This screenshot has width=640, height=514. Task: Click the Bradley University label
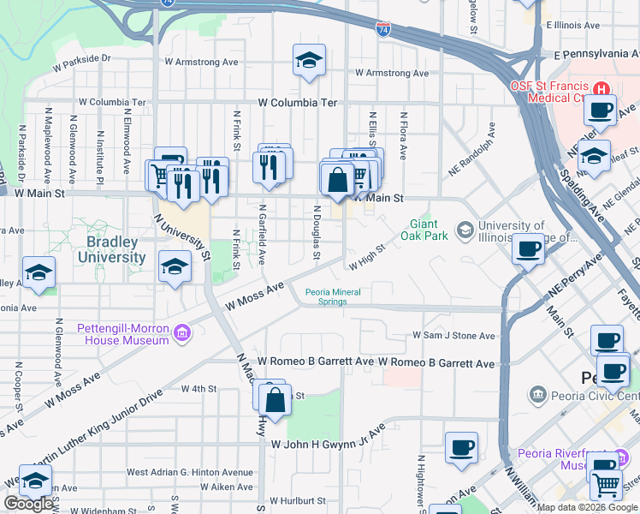point(111,249)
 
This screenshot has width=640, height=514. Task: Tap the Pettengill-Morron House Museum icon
point(181,332)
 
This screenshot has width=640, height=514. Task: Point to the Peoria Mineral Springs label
point(334,296)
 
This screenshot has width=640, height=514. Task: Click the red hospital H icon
point(601,88)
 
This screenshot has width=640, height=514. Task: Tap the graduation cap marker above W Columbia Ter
point(308,61)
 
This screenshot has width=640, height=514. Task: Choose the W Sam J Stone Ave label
point(453,336)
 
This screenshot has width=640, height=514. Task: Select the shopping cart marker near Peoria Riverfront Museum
point(606,484)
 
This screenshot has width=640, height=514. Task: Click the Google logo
point(28,504)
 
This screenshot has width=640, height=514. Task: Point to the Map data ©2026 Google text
point(586,507)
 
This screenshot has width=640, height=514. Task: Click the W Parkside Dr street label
point(82,62)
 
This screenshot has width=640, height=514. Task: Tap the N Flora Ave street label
point(403,133)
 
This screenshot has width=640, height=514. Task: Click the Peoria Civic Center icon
point(537,394)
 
